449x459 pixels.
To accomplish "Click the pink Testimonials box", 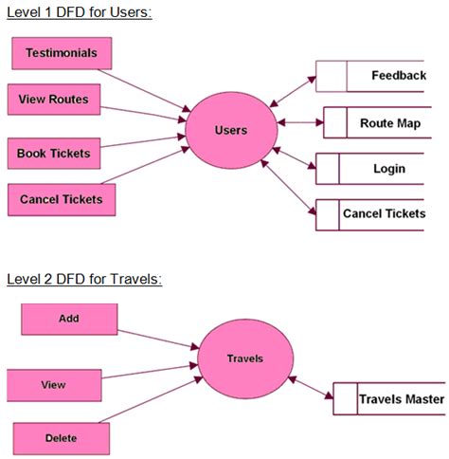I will pos(61,53).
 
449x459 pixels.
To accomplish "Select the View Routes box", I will pos(54,100).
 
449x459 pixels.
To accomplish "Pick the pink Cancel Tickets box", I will pos(61,199).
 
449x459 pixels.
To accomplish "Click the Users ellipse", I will pos(230,129).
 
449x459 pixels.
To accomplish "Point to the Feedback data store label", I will pos(397,75).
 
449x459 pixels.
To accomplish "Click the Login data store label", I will pos(388,169).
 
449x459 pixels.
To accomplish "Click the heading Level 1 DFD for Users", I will pos(79,12).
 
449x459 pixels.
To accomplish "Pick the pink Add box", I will pos(69,320).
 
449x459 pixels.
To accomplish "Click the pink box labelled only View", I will pos(54,385).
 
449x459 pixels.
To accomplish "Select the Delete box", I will pos(61,437).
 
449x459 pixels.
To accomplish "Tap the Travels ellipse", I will pos(243,359).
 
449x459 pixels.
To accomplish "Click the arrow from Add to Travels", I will pos(158,340).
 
